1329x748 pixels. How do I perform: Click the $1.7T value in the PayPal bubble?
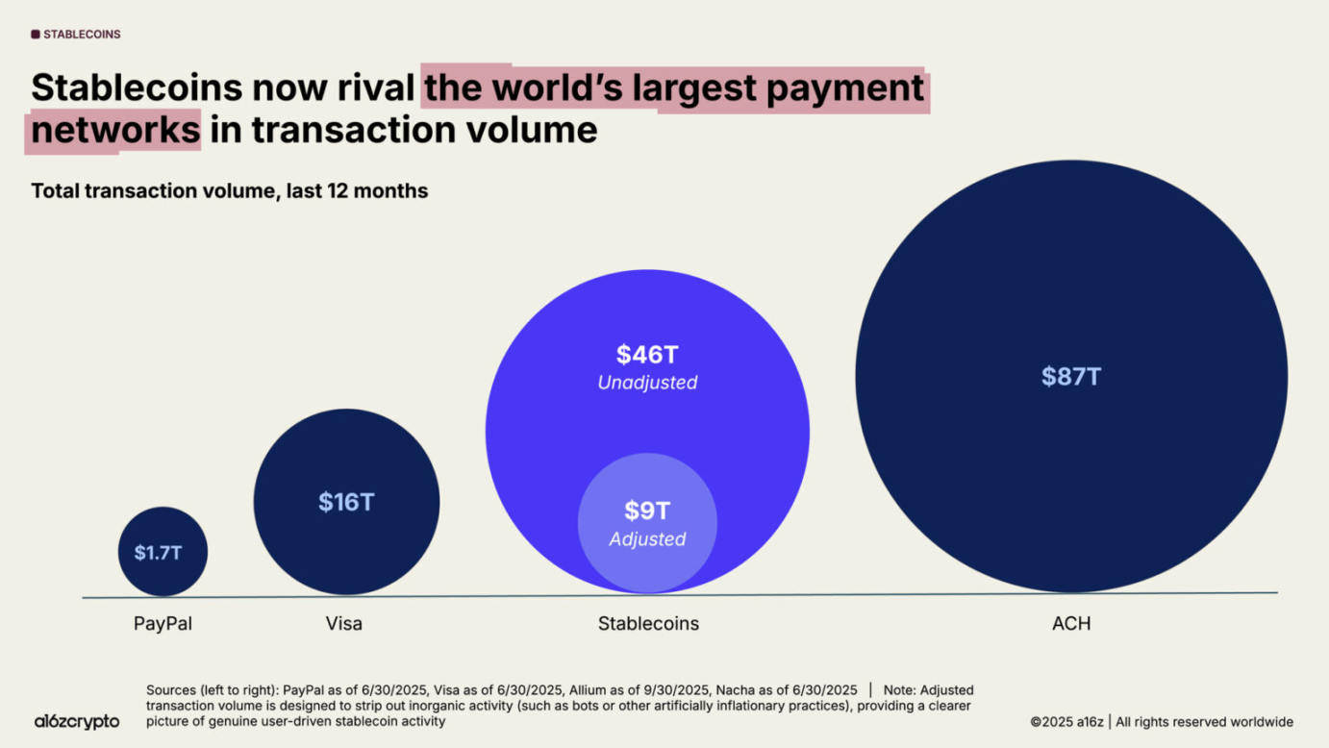(158, 553)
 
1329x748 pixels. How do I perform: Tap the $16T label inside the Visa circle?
(346, 502)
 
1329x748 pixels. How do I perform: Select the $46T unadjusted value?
(647, 354)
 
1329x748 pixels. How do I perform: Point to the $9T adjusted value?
(647, 511)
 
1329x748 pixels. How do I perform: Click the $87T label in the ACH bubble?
(1071, 376)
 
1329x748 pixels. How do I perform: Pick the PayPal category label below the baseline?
(163, 623)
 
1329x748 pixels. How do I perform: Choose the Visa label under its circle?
(344, 623)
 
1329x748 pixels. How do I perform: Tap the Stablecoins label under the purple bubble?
(648, 623)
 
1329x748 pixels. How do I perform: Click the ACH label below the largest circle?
(1071, 623)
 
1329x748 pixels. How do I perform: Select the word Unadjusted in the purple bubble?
(647, 383)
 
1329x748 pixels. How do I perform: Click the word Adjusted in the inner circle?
(647, 539)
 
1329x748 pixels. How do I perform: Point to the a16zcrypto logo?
(77, 721)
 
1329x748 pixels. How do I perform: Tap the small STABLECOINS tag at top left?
(76, 35)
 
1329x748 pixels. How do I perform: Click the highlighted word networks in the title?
(115, 130)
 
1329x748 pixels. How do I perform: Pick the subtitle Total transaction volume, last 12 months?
(229, 190)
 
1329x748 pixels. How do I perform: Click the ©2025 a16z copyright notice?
(1066, 721)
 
